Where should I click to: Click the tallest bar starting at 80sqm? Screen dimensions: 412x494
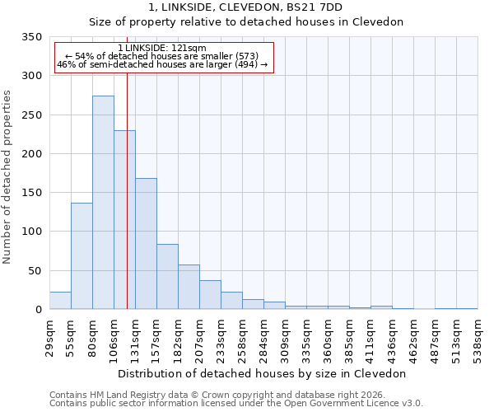point(103,203)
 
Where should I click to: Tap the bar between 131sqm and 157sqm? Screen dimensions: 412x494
point(146,244)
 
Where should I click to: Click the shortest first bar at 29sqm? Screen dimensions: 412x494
point(60,301)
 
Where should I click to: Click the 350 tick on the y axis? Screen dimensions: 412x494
point(31,37)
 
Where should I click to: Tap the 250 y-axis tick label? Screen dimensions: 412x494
point(31,115)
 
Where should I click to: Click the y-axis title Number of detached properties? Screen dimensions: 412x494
point(8,177)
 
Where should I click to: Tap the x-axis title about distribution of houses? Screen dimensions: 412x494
point(262,373)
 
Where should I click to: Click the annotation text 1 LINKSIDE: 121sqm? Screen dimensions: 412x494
point(162,49)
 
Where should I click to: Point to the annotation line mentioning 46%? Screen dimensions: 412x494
point(162,65)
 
